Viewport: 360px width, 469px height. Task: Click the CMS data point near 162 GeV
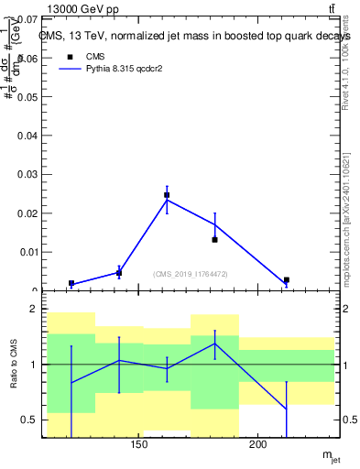tap(167, 195)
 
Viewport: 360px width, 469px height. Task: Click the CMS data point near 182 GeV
tap(214, 239)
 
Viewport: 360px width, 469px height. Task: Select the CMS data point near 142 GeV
tap(119, 273)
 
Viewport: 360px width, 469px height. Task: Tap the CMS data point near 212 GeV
tap(287, 280)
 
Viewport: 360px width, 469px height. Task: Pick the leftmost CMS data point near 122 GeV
tap(71, 284)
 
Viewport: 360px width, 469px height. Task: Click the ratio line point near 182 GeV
tap(214, 344)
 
